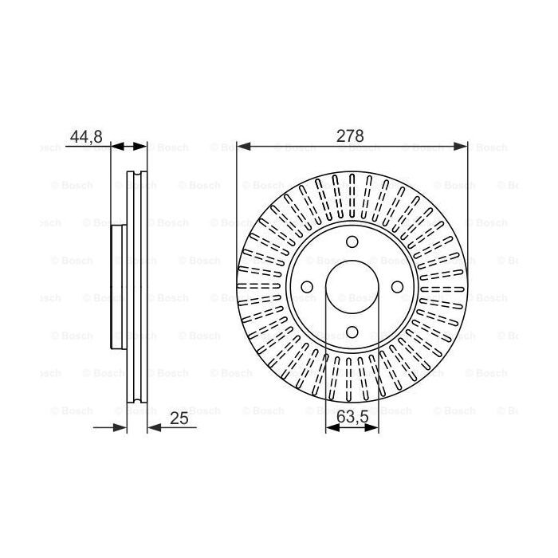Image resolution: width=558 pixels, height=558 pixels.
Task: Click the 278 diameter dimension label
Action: pyautogui.click(x=350, y=136)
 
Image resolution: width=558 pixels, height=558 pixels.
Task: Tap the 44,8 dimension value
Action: pyautogui.click(x=86, y=136)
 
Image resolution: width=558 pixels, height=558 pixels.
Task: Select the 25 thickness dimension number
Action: pyautogui.click(x=179, y=418)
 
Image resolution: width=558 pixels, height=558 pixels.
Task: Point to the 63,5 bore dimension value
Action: pyautogui.click(x=352, y=417)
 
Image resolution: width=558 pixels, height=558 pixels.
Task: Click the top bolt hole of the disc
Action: pyautogui.click(x=352, y=242)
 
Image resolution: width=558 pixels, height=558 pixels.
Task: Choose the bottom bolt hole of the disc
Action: pyautogui.click(x=352, y=332)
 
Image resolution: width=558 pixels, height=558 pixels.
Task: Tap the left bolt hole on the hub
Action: pyautogui.click(x=307, y=287)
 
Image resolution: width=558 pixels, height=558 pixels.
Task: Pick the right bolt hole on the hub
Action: pyautogui.click(x=397, y=287)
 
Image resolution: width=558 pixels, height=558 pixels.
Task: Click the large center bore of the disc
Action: pyautogui.click(x=352, y=287)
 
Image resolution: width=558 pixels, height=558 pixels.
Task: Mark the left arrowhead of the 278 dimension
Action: pyautogui.click(x=244, y=146)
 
